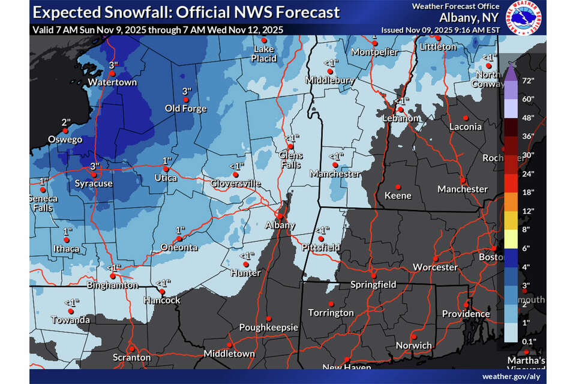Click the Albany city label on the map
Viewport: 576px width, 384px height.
(x=281, y=225)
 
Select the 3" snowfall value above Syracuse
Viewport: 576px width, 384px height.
(x=94, y=166)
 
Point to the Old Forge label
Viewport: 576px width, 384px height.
(x=186, y=109)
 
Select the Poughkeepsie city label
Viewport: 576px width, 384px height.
(x=268, y=328)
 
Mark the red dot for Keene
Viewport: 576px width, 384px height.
(x=397, y=186)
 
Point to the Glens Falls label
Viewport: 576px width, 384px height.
(x=291, y=160)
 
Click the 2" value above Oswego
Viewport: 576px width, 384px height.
(x=65, y=122)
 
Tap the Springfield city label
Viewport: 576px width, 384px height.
(x=374, y=284)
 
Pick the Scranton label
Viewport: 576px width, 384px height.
(x=132, y=357)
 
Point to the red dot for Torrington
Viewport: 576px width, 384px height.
(x=331, y=304)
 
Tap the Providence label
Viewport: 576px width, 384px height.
(x=466, y=314)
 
